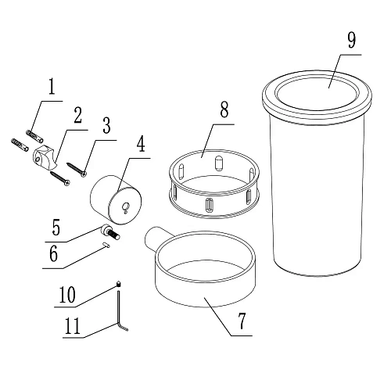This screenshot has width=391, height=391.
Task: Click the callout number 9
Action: [352, 41]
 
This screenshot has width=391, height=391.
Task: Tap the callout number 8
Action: [224, 109]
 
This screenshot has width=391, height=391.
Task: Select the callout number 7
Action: [242, 321]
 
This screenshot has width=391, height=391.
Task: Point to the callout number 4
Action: [141, 144]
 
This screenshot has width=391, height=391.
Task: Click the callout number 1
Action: [52, 87]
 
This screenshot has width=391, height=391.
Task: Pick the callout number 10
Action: [67, 295]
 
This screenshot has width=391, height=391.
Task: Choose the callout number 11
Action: [72, 326]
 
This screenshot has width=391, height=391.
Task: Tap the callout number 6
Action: [53, 253]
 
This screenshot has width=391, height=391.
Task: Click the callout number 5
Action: [56, 228]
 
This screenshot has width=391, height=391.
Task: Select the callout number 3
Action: [106, 126]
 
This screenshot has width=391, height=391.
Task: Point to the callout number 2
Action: [77, 115]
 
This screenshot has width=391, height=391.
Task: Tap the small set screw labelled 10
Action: [119, 284]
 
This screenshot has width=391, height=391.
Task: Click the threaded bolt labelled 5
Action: [111, 231]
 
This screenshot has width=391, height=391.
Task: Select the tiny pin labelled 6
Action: [106, 245]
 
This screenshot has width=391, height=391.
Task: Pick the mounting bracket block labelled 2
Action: [45, 157]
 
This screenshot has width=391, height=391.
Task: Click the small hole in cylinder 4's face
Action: [126, 206]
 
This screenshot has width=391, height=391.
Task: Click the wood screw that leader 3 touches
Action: [77, 170]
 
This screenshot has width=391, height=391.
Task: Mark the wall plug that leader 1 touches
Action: [34, 136]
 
